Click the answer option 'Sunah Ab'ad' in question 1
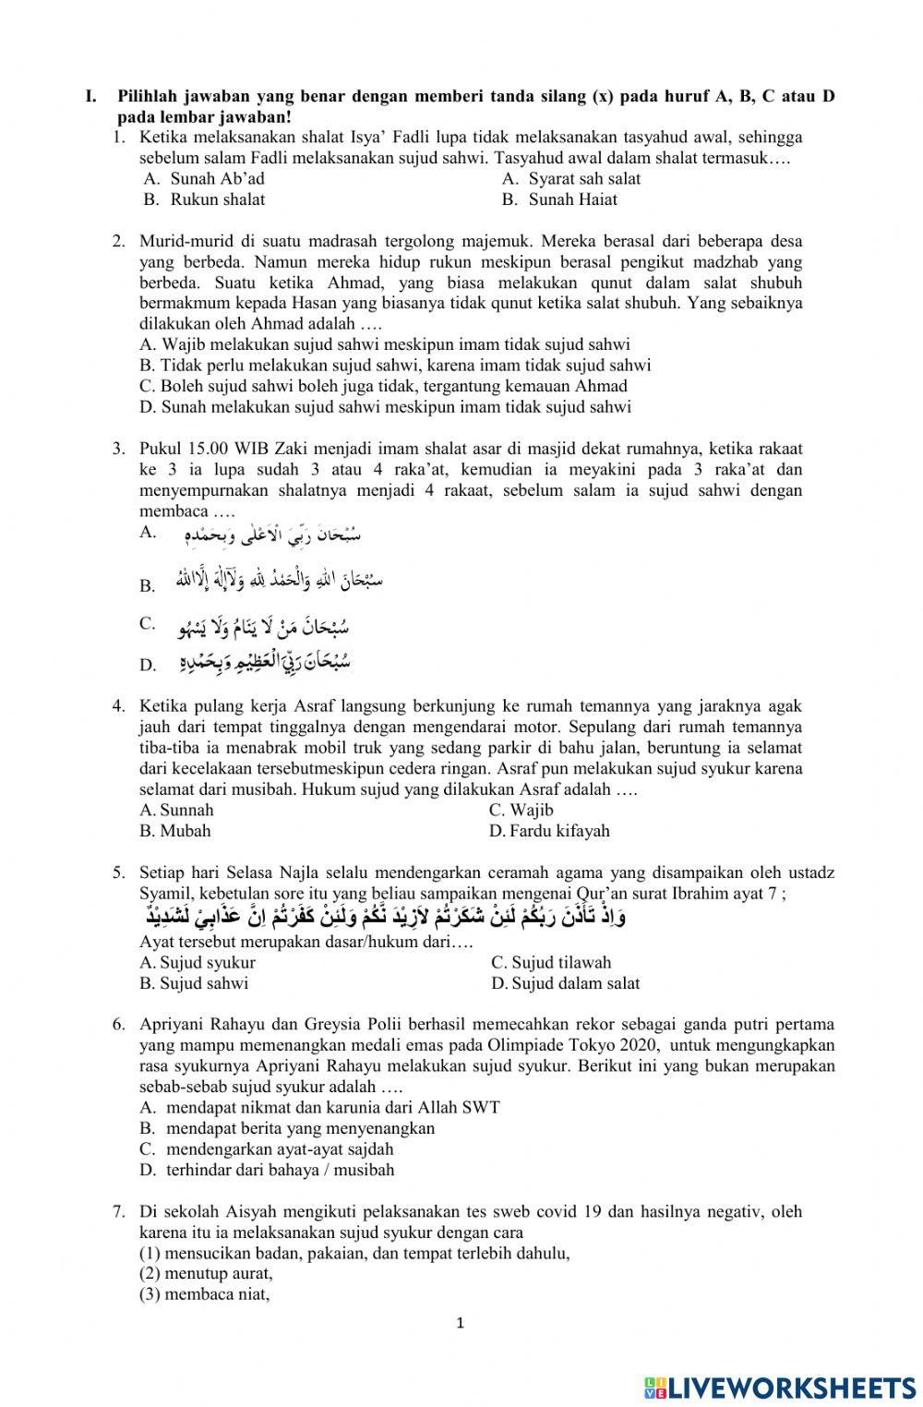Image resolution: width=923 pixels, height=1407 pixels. pyautogui.click(x=217, y=179)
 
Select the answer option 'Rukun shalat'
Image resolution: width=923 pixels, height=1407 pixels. pyautogui.click(x=217, y=199)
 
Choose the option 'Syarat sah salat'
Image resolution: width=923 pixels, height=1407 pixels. pyautogui.click(x=583, y=179)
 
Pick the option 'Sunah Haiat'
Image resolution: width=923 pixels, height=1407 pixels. pyautogui.click(x=572, y=199)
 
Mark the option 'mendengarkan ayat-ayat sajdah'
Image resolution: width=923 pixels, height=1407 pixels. pyautogui.click(x=279, y=1149)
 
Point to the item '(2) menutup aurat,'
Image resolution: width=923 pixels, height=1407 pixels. pyautogui.click(x=207, y=1274)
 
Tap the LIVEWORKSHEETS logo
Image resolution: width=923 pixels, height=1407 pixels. pyautogui.click(x=780, y=1387)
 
